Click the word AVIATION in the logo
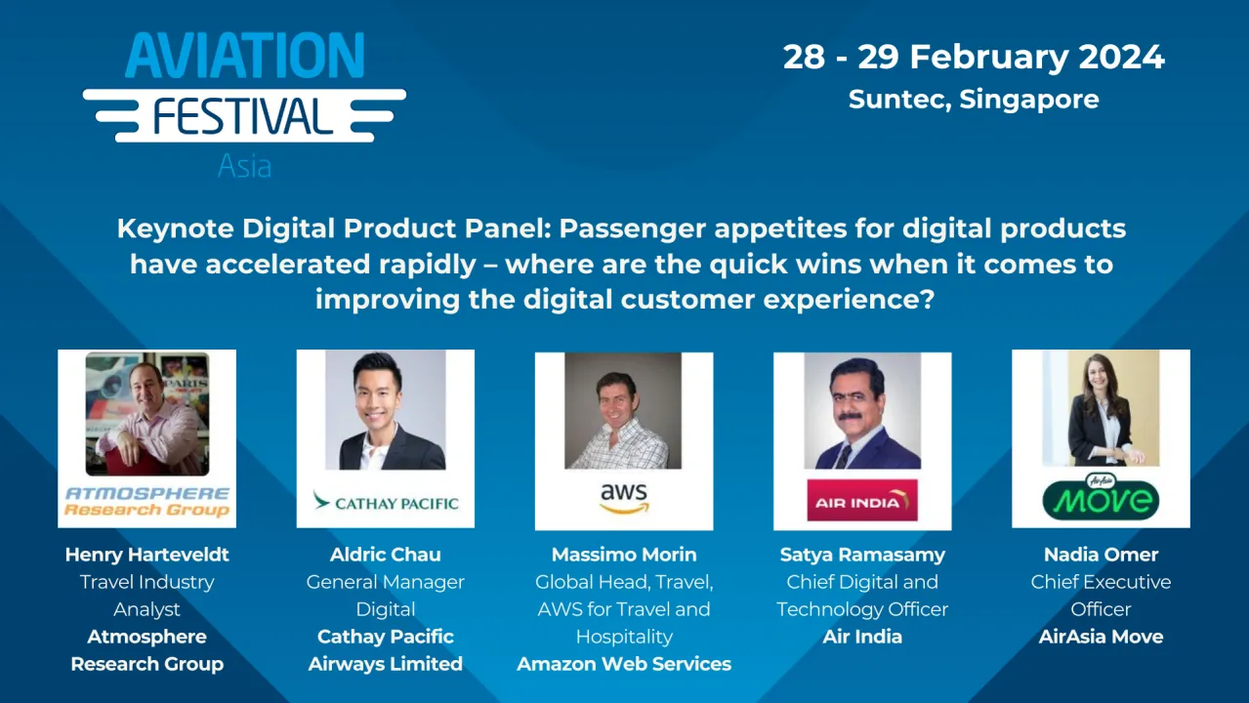pyautogui.click(x=244, y=56)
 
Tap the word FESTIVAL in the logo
pyautogui.click(x=243, y=116)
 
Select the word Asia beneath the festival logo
pyautogui.click(x=244, y=166)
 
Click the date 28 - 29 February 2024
pyautogui.click(x=974, y=57)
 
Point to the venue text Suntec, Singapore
pyautogui.click(x=974, y=100)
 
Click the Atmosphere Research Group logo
pyautogui.click(x=146, y=501)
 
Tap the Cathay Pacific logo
pyautogui.click(x=386, y=503)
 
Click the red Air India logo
pyautogui.click(x=862, y=501)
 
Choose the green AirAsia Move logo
pyautogui.click(x=1101, y=498)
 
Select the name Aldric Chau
pyautogui.click(x=386, y=555)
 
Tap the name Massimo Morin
pyautogui.click(x=624, y=555)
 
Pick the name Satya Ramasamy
pyautogui.click(x=862, y=555)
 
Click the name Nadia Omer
pyautogui.click(x=1101, y=555)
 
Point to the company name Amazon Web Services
pyautogui.click(x=624, y=664)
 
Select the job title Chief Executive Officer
pyautogui.click(x=1101, y=596)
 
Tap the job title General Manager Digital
pyautogui.click(x=386, y=596)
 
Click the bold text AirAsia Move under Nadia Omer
pyautogui.click(x=1101, y=637)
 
